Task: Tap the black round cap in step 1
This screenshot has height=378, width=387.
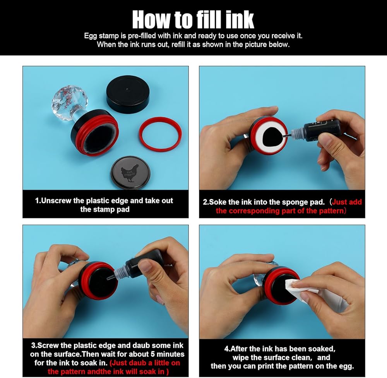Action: [x=128, y=94]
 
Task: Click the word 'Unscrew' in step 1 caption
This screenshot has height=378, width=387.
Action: [x=56, y=200]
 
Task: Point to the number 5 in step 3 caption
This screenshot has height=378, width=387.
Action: [x=152, y=354]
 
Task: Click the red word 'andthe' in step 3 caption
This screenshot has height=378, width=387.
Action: [x=100, y=371]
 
